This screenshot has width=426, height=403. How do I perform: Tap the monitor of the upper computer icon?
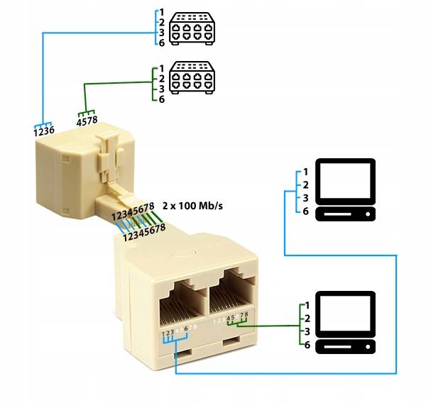click(x=346, y=180)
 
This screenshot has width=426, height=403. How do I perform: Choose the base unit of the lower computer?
click(x=346, y=347)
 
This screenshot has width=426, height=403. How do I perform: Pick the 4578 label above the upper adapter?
click(x=87, y=121)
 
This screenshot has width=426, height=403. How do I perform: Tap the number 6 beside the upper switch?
click(x=162, y=43)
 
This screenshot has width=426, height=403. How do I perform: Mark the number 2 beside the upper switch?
click(x=162, y=22)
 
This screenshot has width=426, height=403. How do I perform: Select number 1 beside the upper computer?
click(x=305, y=172)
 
